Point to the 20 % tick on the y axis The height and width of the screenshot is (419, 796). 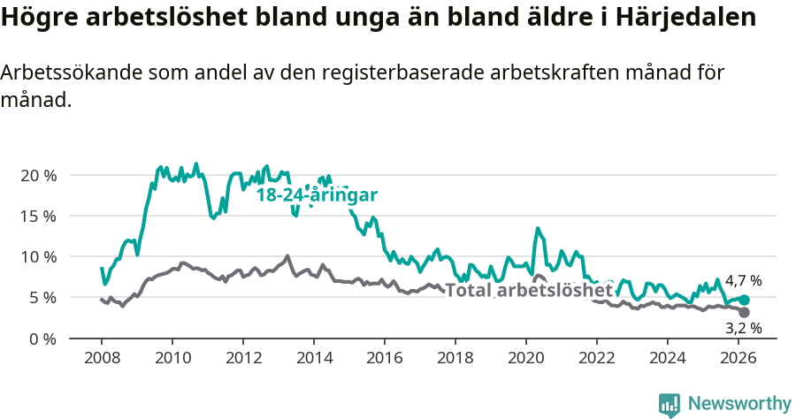[x=38, y=175]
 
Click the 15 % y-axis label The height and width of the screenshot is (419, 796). [x=38, y=216]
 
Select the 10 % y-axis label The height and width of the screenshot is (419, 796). [x=38, y=256]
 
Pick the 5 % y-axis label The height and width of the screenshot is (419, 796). [x=42, y=297]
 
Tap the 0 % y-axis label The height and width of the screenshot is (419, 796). [x=42, y=339]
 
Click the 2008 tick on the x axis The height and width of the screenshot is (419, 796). [x=102, y=358]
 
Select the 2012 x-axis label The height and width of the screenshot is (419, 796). [x=243, y=358]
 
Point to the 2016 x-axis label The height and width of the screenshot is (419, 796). [x=385, y=358]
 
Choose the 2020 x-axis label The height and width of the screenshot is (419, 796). [x=526, y=358]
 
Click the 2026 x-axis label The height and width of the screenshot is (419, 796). [x=739, y=358]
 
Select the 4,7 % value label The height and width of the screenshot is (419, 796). [x=743, y=281]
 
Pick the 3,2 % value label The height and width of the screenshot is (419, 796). [x=743, y=328]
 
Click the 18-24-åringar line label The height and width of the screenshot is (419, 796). [x=318, y=195]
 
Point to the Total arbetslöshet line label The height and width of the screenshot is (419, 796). [x=528, y=290]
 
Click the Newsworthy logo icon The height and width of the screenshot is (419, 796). [x=670, y=405]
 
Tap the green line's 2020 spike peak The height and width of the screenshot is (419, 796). [x=537, y=228]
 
